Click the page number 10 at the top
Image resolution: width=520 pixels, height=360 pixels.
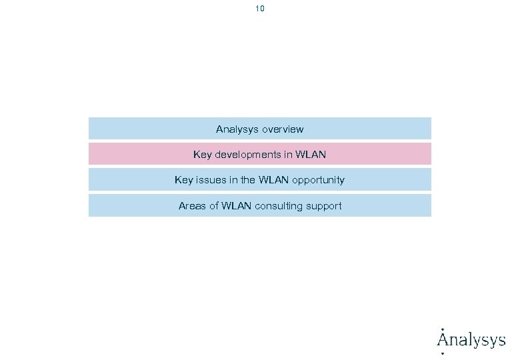260,9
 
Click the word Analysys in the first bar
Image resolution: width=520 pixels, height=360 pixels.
237,129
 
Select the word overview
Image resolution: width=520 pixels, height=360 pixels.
283,129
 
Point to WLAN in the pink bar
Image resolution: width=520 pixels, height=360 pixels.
311,155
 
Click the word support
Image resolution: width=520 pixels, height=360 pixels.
324,206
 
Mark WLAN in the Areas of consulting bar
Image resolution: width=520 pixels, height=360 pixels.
237,206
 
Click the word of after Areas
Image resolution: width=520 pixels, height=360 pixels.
214,206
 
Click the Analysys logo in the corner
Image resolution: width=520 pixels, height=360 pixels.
471,339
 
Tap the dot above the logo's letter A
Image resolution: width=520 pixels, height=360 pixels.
443,329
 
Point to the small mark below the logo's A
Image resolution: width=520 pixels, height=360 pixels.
443,353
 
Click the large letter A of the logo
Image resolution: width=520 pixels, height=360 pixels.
443,339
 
